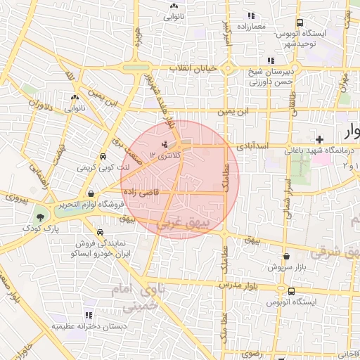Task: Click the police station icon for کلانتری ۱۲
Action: point(155,144)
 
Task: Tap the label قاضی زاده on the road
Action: point(141,191)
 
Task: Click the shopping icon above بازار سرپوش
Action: point(286,257)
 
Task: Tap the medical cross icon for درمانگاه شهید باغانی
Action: point(320,139)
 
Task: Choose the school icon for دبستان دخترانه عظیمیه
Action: point(89,315)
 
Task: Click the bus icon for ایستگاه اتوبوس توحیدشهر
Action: point(300,22)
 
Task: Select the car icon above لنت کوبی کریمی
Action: point(103,157)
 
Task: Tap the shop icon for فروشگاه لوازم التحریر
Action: point(91,193)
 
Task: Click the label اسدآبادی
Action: point(252,147)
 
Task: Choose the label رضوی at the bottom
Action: point(250,356)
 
